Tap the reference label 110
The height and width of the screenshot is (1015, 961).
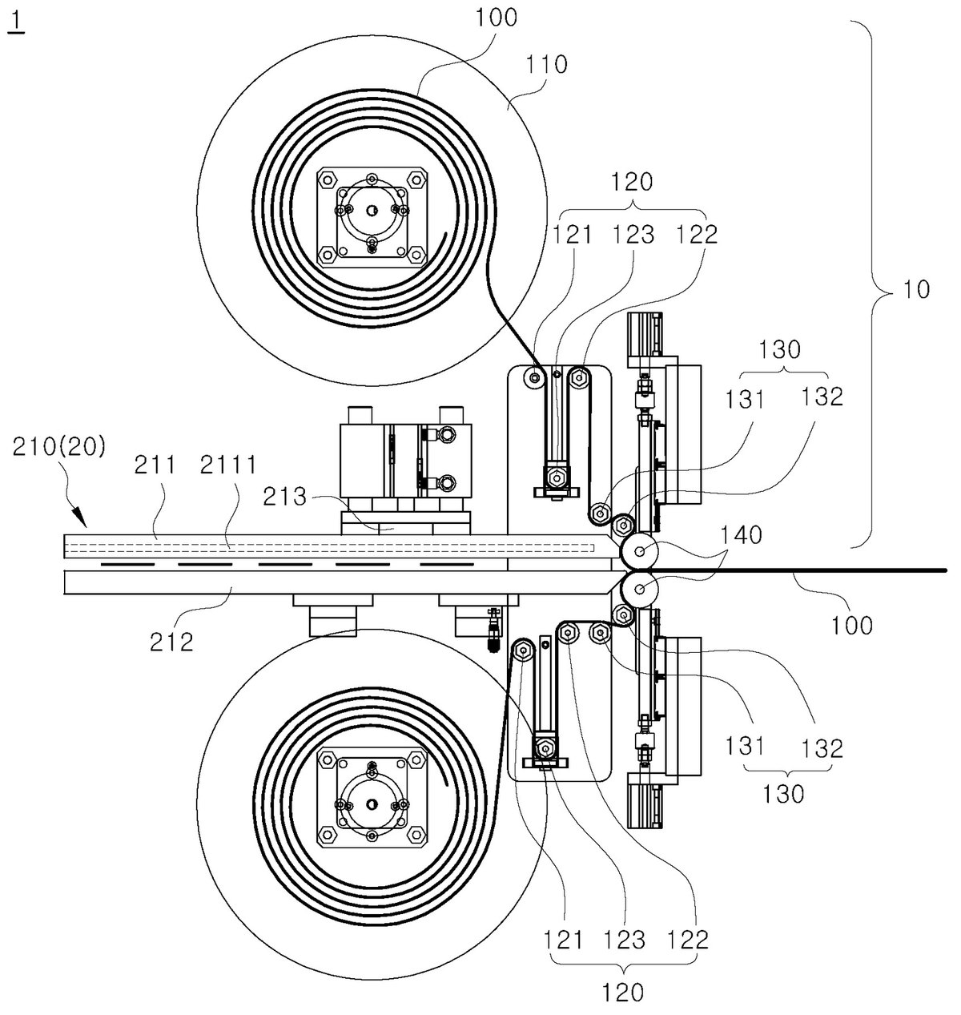tap(546, 65)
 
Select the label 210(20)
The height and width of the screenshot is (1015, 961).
tap(58, 446)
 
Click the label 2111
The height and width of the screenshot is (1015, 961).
tap(227, 465)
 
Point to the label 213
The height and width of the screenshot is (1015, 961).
tap(284, 497)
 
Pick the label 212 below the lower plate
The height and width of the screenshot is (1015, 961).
tap(171, 642)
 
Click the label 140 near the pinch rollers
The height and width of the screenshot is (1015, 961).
tap(741, 535)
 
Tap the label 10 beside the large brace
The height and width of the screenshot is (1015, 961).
tap(916, 289)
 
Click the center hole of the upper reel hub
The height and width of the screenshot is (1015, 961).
tap(371, 210)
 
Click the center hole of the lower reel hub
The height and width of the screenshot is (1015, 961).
tap(371, 804)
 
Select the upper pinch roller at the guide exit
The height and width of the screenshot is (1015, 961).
tap(639, 551)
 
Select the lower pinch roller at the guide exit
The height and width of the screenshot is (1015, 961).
tap(639, 590)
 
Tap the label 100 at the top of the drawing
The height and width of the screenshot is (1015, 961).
tap(496, 18)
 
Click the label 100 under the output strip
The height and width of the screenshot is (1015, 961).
tap(851, 625)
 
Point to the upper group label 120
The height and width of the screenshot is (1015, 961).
tap(632, 182)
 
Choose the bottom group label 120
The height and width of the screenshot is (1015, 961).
tap(624, 993)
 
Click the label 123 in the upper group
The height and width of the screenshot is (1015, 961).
tap(633, 235)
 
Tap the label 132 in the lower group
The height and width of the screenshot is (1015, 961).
tap(822, 748)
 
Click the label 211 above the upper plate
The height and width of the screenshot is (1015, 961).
tap(155, 465)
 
